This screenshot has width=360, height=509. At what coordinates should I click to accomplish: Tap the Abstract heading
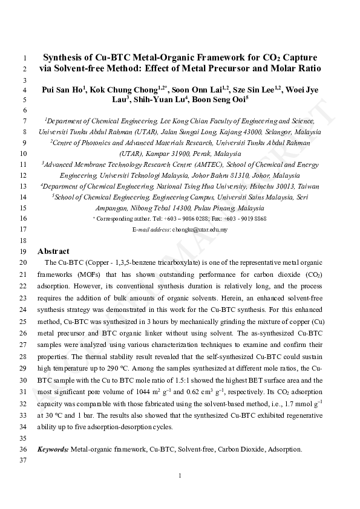coord(53,251)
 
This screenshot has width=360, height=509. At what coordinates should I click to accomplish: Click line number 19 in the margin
coord(24,251)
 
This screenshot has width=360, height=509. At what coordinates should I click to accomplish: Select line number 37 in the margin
coord(24,461)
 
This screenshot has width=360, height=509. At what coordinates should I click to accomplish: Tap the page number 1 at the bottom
coord(180,476)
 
